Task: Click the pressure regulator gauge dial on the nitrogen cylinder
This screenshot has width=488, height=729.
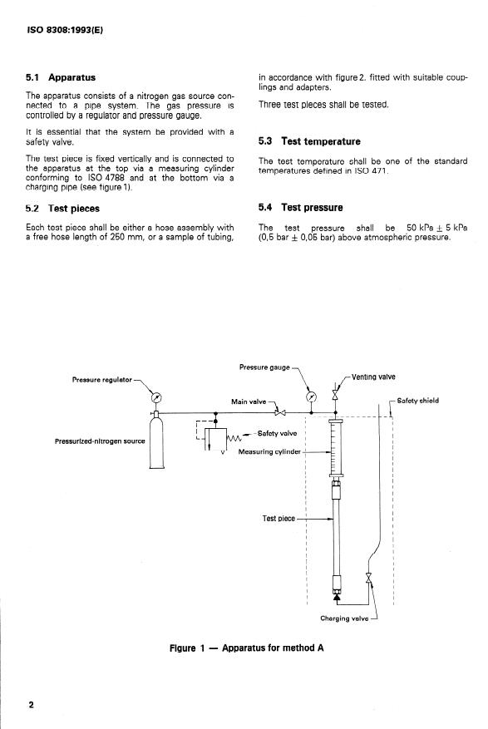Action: (156, 398)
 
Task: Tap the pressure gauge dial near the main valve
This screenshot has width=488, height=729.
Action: (311, 397)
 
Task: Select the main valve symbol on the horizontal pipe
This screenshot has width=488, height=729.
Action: (280, 412)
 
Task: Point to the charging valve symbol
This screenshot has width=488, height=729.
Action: (369, 578)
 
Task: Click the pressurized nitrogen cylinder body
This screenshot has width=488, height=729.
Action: (156, 441)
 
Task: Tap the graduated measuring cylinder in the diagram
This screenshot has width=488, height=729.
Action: (336, 447)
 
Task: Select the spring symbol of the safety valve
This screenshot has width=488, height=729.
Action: (234, 438)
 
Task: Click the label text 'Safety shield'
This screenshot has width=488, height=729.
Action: (417, 401)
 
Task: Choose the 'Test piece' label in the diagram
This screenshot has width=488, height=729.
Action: (279, 519)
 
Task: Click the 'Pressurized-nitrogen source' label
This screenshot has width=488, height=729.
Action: (100, 441)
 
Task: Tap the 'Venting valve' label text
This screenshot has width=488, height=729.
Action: (373, 377)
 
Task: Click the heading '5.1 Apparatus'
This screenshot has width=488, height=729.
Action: (61, 77)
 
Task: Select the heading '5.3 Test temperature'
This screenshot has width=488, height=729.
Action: (309, 141)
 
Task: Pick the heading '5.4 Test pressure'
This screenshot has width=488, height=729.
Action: (301, 207)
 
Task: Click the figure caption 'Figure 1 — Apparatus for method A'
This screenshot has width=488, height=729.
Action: (247, 648)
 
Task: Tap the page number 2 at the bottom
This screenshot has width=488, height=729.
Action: (31, 705)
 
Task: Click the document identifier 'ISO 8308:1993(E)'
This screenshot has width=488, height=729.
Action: (65, 30)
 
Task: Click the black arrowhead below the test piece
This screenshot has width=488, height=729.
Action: (338, 598)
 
